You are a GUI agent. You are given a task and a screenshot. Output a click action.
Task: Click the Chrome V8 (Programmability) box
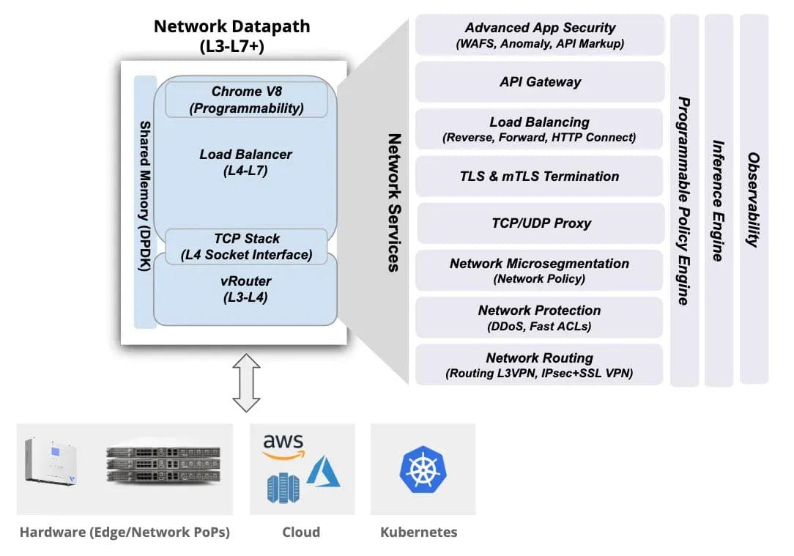246,100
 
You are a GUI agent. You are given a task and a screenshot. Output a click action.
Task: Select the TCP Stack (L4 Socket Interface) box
246,247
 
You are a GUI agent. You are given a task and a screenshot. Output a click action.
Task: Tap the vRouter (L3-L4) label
246,289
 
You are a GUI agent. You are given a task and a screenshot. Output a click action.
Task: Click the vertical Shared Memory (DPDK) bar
145,201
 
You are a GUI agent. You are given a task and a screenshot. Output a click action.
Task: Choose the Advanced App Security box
540,35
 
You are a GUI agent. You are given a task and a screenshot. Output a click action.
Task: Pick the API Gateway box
540,82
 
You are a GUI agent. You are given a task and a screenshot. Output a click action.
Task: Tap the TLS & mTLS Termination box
540,177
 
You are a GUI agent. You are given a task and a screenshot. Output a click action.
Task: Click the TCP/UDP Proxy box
540,223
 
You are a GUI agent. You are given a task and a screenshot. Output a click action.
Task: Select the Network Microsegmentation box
540,270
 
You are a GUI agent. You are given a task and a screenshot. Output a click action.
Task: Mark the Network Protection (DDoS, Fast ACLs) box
540,317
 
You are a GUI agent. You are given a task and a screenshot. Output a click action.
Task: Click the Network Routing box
540,365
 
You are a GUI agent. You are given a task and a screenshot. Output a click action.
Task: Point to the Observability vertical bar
754,199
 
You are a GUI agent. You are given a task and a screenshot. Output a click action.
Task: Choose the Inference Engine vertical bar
719,199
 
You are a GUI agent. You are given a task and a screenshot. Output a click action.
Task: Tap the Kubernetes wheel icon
423,470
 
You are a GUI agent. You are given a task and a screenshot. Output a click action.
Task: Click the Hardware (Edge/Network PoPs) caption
125,533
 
